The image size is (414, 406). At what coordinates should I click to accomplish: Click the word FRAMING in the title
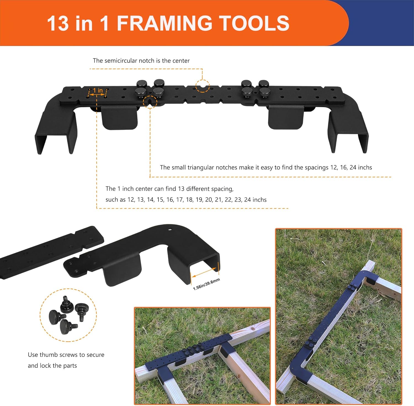(164, 23)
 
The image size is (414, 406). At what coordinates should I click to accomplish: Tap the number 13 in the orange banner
(58, 23)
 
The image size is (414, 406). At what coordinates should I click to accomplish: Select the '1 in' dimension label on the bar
(98, 90)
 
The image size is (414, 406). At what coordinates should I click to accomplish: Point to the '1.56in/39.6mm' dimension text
(206, 284)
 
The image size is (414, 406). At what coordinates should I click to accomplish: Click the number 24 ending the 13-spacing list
(248, 200)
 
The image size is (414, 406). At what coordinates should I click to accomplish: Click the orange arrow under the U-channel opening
(205, 271)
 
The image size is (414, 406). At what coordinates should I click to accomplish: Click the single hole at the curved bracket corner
(170, 229)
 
